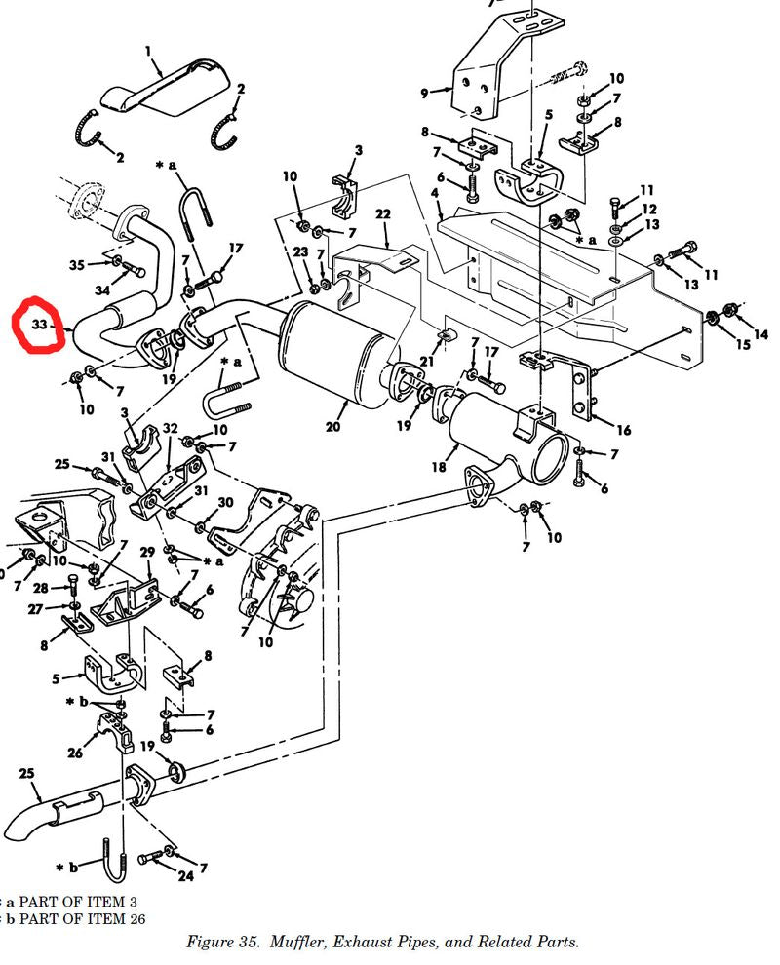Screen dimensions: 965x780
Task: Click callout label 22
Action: click(x=382, y=214)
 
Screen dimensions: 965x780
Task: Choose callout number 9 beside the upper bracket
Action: click(x=424, y=94)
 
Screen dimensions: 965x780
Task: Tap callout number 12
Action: click(x=649, y=209)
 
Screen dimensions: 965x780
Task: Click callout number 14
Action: click(x=760, y=334)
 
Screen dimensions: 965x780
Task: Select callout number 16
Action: click(x=623, y=429)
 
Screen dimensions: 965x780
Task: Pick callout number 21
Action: click(x=426, y=362)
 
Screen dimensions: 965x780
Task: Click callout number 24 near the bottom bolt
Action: click(x=185, y=876)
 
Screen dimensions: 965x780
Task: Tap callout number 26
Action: click(x=75, y=753)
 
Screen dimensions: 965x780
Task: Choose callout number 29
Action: click(x=147, y=553)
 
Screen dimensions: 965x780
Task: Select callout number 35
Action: click(x=77, y=264)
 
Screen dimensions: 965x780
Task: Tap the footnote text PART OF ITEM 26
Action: click(x=67, y=917)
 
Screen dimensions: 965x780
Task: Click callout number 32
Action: click(x=170, y=428)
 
